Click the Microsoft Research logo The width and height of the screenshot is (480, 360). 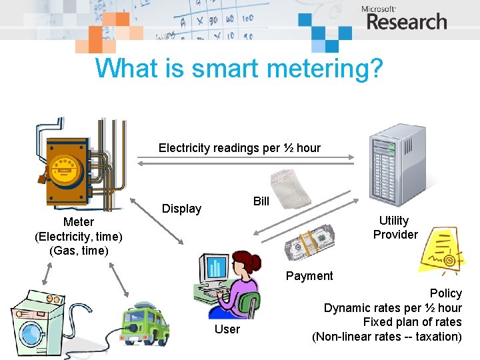click(405, 19)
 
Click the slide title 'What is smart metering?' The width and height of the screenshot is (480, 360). click(239, 69)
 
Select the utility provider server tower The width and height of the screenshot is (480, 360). click(399, 164)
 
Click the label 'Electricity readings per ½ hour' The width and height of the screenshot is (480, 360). click(239, 148)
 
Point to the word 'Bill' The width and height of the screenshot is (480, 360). click(261, 201)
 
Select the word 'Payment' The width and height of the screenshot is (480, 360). click(309, 275)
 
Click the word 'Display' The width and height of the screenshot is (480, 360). click(182, 209)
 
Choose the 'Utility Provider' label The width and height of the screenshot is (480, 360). click(395, 227)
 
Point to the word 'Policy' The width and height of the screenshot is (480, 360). click(446, 293)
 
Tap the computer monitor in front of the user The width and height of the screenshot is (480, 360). click(215, 268)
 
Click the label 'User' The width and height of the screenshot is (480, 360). click(227, 329)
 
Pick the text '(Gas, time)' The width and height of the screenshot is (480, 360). click(79, 251)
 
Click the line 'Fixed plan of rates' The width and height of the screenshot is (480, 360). click(412, 322)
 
